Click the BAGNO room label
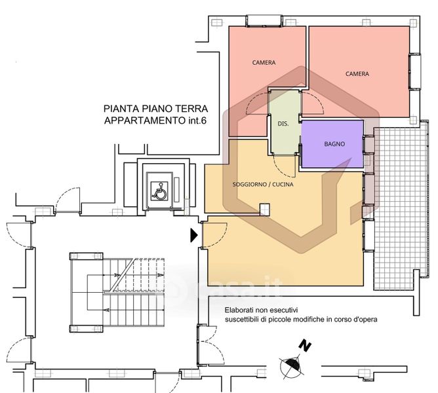click(334, 144)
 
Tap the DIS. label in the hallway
click(283, 124)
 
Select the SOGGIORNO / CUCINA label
click(263, 185)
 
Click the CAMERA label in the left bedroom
click(264, 62)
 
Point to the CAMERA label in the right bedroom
click(357, 74)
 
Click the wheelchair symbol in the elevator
click(159, 191)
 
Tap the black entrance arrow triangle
click(194, 235)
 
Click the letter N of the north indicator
click(305, 346)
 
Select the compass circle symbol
click(292, 367)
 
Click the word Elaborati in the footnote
click(237, 310)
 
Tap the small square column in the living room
click(264, 210)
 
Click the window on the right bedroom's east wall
click(415, 71)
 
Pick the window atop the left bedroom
click(264, 21)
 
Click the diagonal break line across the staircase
click(122, 275)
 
